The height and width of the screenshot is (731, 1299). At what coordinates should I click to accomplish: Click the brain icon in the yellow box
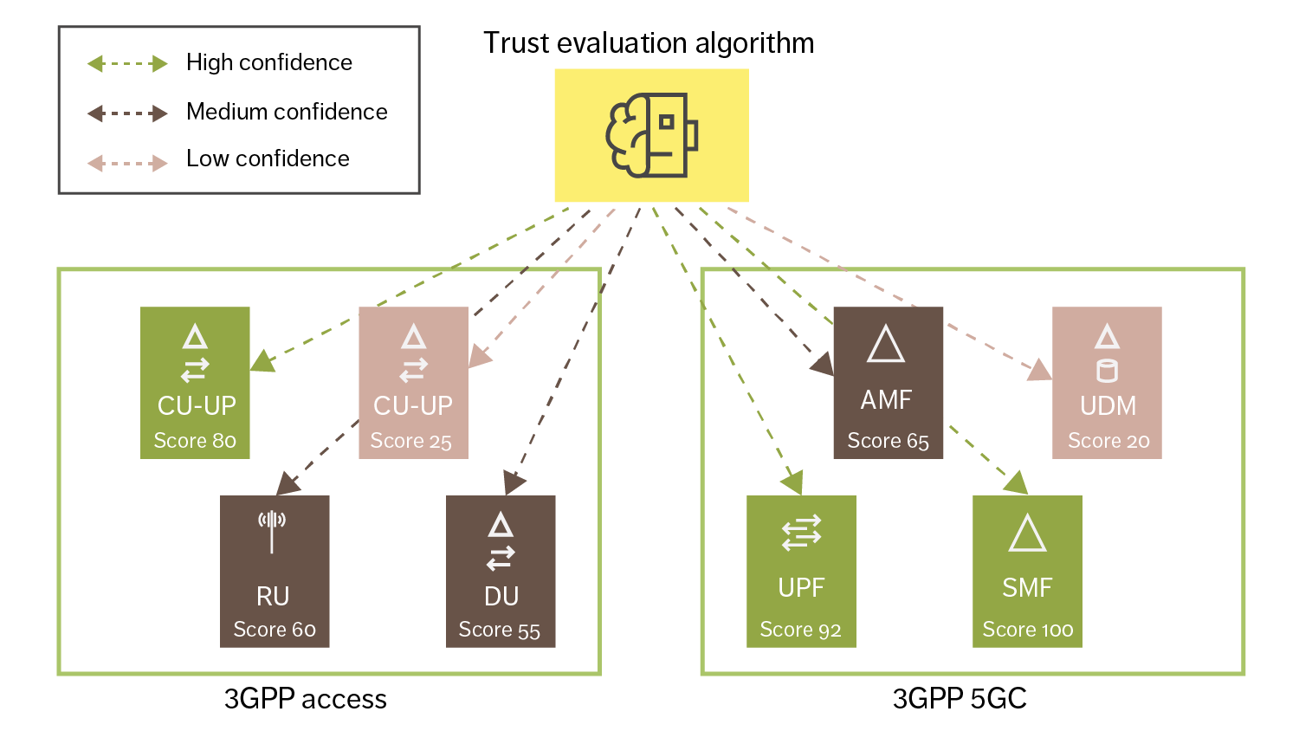(x=650, y=135)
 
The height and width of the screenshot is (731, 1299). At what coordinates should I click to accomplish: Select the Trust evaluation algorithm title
(x=648, y=42)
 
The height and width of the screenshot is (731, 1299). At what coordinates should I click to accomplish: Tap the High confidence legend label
(x=269, y=62)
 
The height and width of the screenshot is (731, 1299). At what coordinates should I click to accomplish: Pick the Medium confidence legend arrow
(x=127, y=113)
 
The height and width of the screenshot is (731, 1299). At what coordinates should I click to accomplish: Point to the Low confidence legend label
(x=268, y=158)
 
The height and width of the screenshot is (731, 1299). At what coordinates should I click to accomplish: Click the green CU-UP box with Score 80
(x=195, y=382)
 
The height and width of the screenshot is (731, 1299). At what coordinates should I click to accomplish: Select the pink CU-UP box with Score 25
(x=413, y=382)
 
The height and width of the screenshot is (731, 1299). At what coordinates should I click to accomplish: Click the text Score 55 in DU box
(x=499, y=630)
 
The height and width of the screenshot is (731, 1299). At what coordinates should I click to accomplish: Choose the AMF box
(x=888, y=382)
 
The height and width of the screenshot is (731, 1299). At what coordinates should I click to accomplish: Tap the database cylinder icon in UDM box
(x=1107, y=371)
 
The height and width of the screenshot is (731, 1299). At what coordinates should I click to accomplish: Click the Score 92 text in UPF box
(x=800, y=630)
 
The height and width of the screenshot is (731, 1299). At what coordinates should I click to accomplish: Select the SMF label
(x=1027, y=588)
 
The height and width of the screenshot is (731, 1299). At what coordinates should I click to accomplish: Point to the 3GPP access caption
(x=305, y=699)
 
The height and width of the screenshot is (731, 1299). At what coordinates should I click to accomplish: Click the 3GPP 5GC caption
(x=960, y=699)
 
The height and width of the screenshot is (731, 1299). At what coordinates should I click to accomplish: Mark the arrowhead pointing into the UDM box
(x=1040, y=371)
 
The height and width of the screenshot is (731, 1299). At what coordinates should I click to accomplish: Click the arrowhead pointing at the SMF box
(x=1017, y=483)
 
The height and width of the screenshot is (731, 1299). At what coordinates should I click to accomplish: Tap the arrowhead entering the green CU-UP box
(x=262, y=361)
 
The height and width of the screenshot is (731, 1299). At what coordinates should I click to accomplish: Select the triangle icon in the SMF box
(x=1027, y=534)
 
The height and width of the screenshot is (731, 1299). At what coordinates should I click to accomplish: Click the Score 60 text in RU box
(x=275, y=630)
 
